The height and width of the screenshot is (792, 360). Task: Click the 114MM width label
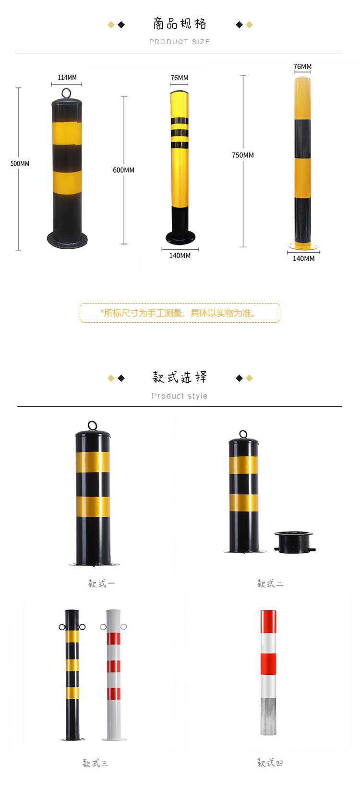pyautogui.click(x=67, y=77)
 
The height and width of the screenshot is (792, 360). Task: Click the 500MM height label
pyautogui.click(x=20, y=163)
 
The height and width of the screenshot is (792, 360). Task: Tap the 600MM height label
pyautogui.click(x=123, y=170)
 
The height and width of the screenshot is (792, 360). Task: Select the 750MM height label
pyautogui.click(x=243, y=155)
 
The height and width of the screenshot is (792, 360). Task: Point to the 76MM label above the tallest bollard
pyautogui.click(x=302, y=67)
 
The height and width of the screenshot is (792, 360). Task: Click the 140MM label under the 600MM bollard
pyautogui.click(x=180, y=256)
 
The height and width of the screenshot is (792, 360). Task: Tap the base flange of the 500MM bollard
pyautogui.click(x=67, y=238)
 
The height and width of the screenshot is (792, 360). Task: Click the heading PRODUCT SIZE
pyautogui.click(x=180, y=42)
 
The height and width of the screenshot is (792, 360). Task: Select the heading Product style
pyautogui.click(x=180, y=396)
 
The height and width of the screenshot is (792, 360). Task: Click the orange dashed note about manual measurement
pyautogui.click(x=180, y=313)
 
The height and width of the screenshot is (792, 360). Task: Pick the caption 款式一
pyautogui.click(x=101, y=584)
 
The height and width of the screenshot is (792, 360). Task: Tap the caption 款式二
pyautogui.click(x=270, y=584)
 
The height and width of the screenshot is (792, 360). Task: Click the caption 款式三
pyautogui.click(x=95, y=763)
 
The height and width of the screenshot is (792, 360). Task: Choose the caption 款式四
pyautogui.click(x=270, y=763)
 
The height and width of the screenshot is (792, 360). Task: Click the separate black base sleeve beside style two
pyautogui.click(x=294, y=541)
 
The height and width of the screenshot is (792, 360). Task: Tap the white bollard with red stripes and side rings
pyautogui.click(x=113, y=672)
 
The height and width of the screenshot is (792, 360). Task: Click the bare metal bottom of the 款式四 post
pyautogui.click(x=268, y=716)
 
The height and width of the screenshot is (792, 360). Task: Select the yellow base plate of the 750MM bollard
pyautogui.click(x=303, y=246)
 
